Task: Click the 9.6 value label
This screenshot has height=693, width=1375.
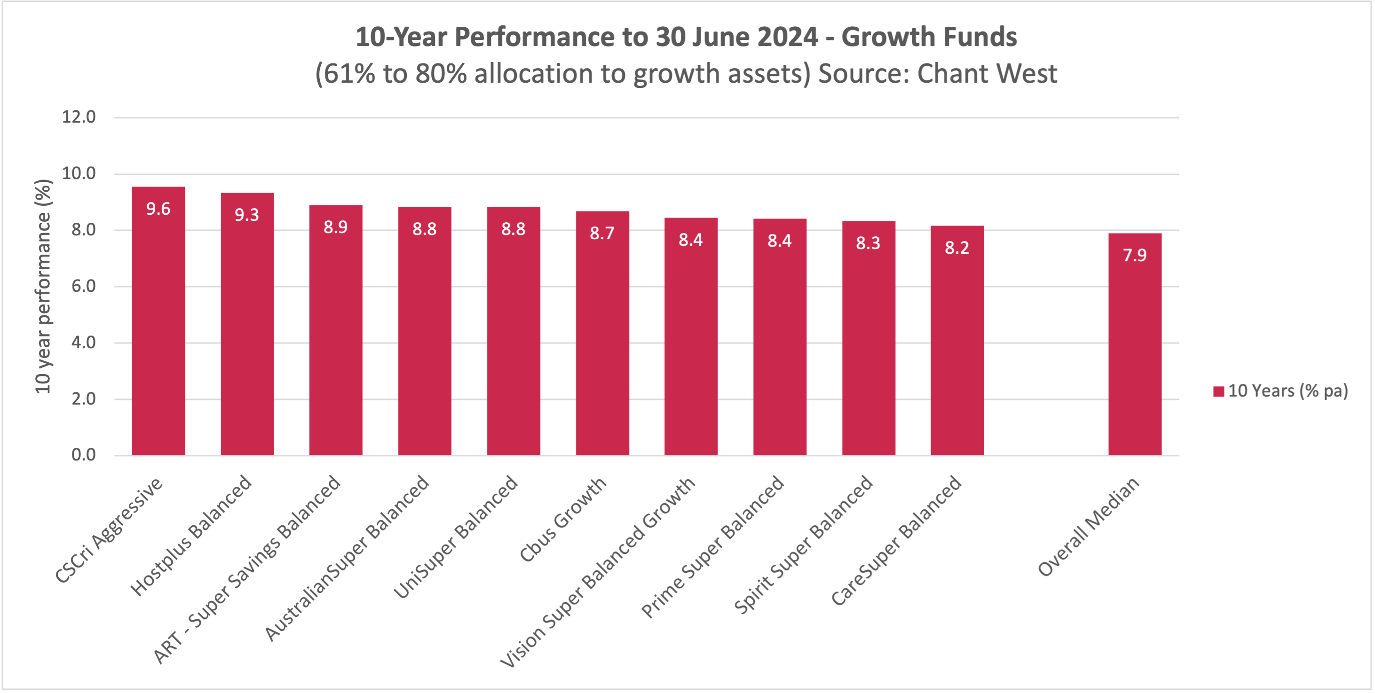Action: click(158, 209)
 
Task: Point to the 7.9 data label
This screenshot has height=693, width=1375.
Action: click(1135, 255)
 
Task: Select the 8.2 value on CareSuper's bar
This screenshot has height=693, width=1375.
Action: click(957, 248)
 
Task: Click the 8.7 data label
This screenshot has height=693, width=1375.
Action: click(602, 233)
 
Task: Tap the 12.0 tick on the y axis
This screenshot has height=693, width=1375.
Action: click(79, 117)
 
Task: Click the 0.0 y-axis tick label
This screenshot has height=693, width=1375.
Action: click(84, 455)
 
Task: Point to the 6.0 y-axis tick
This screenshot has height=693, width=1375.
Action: click(84, 286)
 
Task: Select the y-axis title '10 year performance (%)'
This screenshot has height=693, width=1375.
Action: click(43, 287)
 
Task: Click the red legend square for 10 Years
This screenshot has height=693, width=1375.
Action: click(1218, 391)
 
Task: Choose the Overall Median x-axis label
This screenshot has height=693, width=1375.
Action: click(1089, 527)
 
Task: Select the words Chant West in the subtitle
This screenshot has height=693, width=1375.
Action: click(987, 73)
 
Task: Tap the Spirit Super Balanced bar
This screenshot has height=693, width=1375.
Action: click(869, 342)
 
